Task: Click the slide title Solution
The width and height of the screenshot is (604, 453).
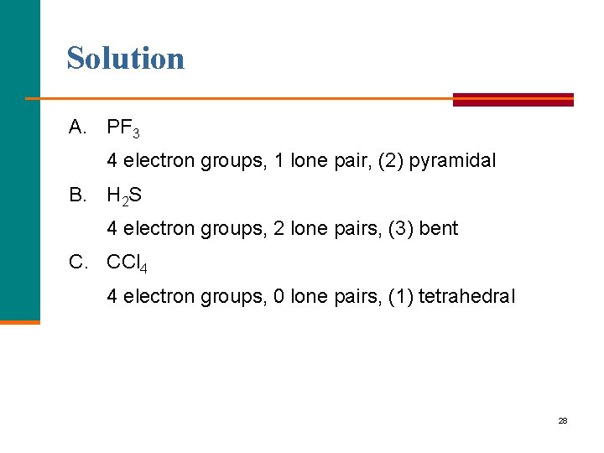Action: point(126,58)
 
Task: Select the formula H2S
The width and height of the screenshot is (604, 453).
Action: point(124,196)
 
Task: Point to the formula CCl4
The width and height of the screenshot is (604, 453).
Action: point(128,263)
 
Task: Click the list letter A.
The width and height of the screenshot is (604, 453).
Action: point(79,128)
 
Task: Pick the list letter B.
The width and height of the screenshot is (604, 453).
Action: point(79,195)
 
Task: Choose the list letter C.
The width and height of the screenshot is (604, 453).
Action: point(79,263)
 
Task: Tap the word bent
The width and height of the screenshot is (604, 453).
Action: point(439,228)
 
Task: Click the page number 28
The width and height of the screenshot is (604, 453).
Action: point(563,420)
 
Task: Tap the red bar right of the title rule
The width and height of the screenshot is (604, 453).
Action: point(513,99)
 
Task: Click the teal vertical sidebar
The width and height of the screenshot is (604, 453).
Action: point(19,159)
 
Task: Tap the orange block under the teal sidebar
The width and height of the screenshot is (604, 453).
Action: point(19,321)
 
